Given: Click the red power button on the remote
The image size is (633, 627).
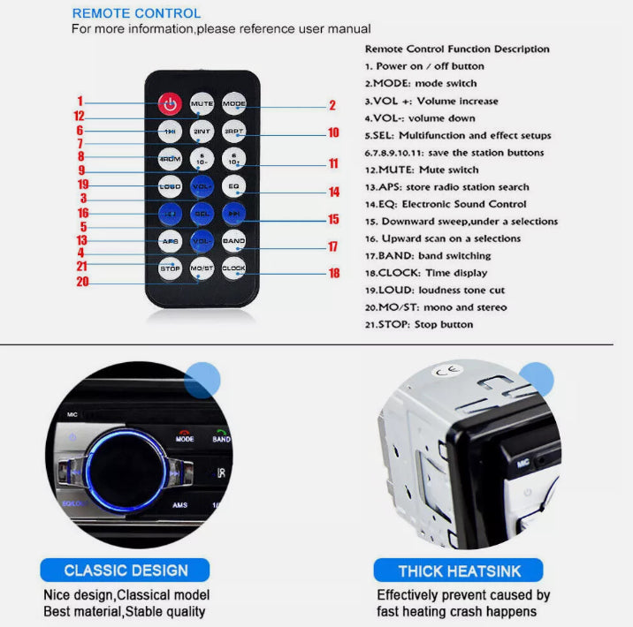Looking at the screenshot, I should (x=171, y=104).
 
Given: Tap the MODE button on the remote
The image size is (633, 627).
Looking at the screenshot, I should (x=234, y=104).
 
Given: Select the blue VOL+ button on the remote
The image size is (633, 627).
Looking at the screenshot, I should (x=202, y=186).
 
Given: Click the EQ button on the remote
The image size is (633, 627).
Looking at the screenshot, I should (x=234, y=186).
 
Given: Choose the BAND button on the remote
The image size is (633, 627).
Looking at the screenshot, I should (x=234, y=240).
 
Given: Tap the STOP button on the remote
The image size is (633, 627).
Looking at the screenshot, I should (x=171, y=268).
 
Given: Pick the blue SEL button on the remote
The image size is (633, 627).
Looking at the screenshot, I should (x=202, y=214).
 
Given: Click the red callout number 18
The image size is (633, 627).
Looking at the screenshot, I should (x=334, y=274).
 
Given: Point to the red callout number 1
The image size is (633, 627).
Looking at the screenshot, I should (x=80, y=101).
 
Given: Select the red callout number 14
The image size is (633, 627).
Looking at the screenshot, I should (x=334, y=192).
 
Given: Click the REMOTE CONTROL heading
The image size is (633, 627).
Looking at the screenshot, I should (x=136, y=13).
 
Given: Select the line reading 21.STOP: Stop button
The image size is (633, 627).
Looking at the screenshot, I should (x=418, y=324).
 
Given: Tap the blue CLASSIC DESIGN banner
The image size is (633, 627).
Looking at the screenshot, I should (x=126, y=570).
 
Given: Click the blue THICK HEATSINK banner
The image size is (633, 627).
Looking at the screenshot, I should (x=458, y=570).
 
